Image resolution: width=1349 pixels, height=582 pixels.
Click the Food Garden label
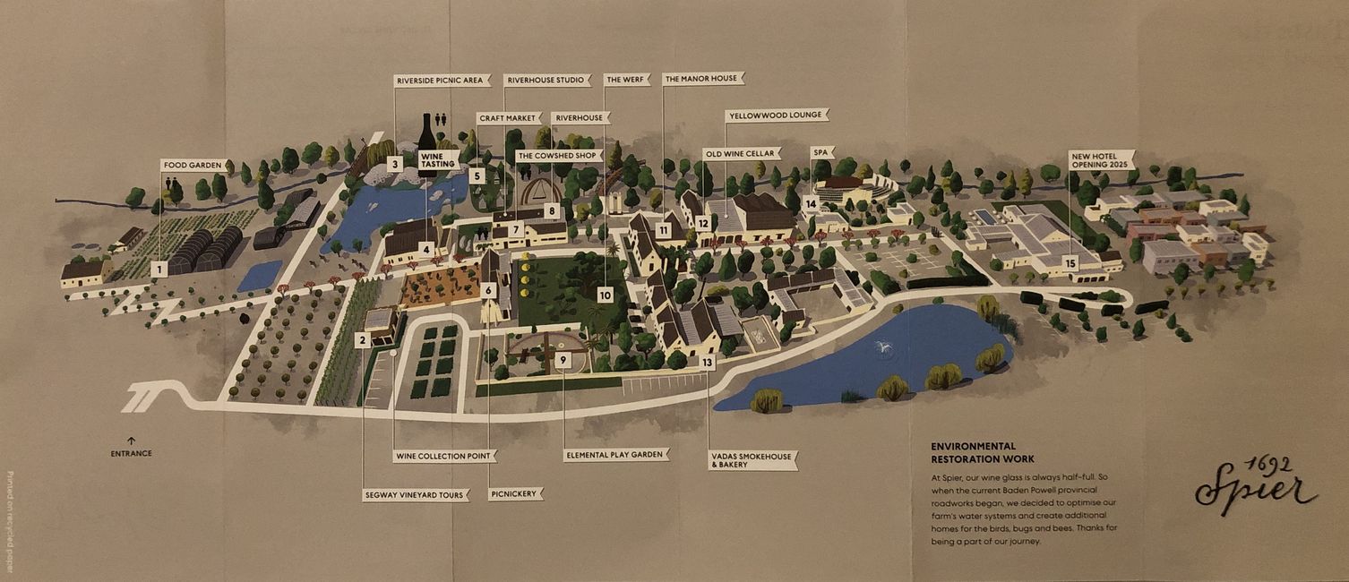click(193, 165)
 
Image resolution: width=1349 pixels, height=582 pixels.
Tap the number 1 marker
click(159, 268)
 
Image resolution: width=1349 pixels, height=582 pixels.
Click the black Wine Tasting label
click(439, 159)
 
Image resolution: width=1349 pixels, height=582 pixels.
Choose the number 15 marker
click(1070, 263)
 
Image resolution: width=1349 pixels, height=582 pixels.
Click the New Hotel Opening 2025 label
click(1101, 159)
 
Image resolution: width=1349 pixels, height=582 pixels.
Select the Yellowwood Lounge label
click(777, 116)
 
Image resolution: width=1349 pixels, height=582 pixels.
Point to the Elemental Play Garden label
click(616, 455)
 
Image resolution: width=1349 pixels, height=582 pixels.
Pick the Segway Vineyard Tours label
click(415, 494)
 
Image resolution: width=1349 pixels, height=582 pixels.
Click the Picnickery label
click(516, 493)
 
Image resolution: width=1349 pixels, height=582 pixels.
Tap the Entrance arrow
click(131, 441)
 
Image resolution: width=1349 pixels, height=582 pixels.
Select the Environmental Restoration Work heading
click(982, 452)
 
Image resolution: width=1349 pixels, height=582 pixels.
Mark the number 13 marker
click(708, 363)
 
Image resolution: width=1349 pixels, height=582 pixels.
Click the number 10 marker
click(605, 295)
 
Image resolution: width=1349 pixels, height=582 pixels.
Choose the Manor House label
click(702, 79)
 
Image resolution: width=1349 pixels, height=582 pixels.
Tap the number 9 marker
click(563, 359)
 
